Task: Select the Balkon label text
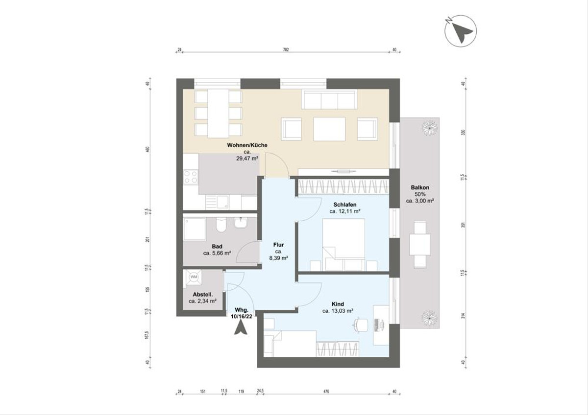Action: coord(421,187)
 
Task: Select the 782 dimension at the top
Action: coord(286,49)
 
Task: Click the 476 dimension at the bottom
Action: coord(326,391)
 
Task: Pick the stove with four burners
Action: coord(190,177)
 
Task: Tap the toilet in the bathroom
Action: coord(220,226)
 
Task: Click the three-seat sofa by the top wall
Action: coord(329,100)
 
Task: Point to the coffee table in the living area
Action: coord(329,129)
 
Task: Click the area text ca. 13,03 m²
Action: coord(338,311)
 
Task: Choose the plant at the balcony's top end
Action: coord(430,128)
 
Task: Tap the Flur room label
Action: coord(278,245)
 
